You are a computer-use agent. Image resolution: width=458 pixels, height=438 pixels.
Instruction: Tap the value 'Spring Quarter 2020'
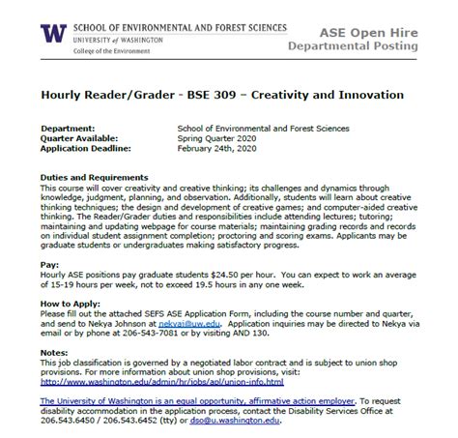(223, 137)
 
